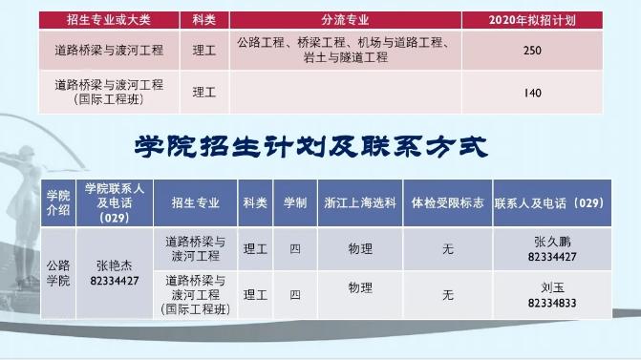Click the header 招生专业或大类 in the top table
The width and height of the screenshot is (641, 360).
(x=110, y=19)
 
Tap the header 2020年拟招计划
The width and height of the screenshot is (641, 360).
(x=532, y=19)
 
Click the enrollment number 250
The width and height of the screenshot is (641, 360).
(x=533, y=51)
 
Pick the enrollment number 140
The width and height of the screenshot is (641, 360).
(x=533, y=93)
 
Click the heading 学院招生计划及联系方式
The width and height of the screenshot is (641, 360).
(x=312, y=147)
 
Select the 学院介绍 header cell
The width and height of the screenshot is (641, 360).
(x=58, y=202)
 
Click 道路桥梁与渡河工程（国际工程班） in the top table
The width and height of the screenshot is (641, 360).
(x=110, y=92)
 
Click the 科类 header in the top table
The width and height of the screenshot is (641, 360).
(x=203, y=19)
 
